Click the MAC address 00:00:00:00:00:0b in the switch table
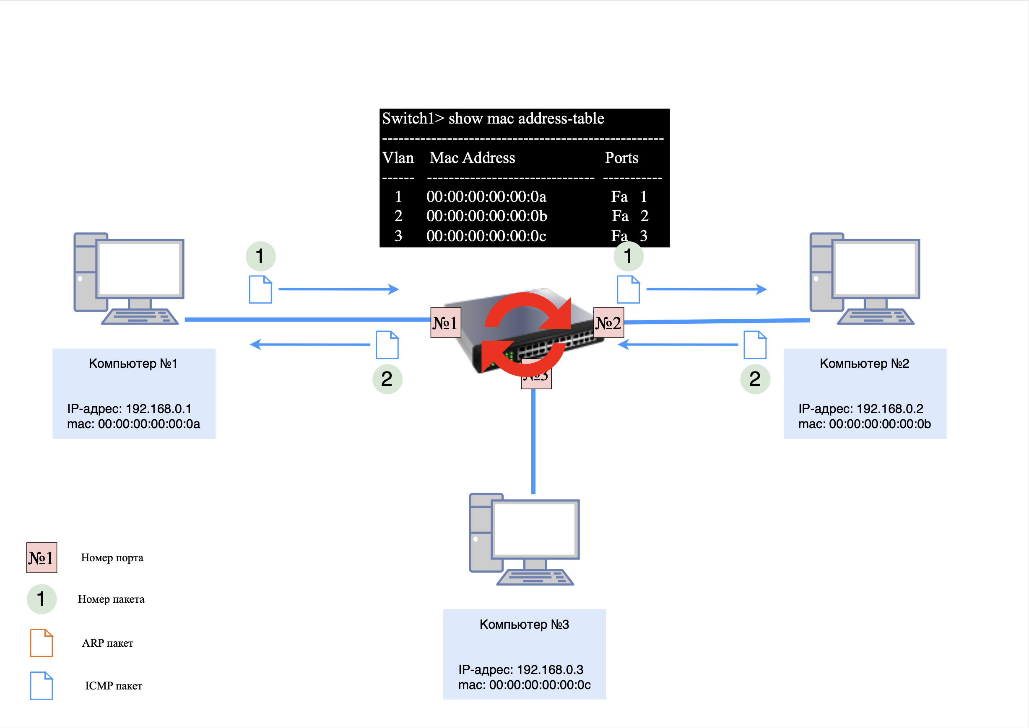(486, 216)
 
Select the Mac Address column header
(472, 158)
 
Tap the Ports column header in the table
(621, 158)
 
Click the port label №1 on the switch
(445, 323)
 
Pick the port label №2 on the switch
(608, 323)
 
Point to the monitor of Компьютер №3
(535, 529)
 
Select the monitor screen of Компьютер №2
(876, 268)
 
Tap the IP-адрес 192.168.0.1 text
(129, 409)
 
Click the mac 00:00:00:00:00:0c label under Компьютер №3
(524, 685)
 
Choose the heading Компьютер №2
(864, 364)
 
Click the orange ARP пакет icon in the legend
(41, 643)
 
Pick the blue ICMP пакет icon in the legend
(41, 685)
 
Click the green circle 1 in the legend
(41, 599)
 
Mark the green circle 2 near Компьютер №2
(755, 379)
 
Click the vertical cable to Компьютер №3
(533, 441)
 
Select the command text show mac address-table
(526, 119)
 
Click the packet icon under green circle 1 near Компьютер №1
(261, 289)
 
